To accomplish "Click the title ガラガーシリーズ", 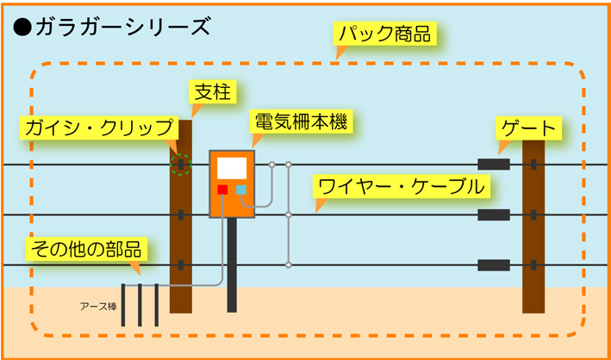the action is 122,28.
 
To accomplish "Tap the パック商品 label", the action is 384,35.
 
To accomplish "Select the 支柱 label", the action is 213,92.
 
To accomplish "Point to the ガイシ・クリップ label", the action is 99,127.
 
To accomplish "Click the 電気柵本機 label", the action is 302,122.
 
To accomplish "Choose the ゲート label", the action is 528,128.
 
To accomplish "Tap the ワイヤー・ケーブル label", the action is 401,188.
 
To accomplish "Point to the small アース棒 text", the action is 98,307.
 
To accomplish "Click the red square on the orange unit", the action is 222,189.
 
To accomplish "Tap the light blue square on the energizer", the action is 241,189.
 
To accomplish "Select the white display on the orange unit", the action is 232,168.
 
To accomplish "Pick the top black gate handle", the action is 494,164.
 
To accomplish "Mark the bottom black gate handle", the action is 494,265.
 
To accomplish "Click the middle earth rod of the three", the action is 140,305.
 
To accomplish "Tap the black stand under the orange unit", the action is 232,265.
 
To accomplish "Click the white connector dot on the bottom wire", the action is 289,265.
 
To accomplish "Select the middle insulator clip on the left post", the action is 181,214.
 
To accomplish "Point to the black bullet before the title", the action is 22,28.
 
